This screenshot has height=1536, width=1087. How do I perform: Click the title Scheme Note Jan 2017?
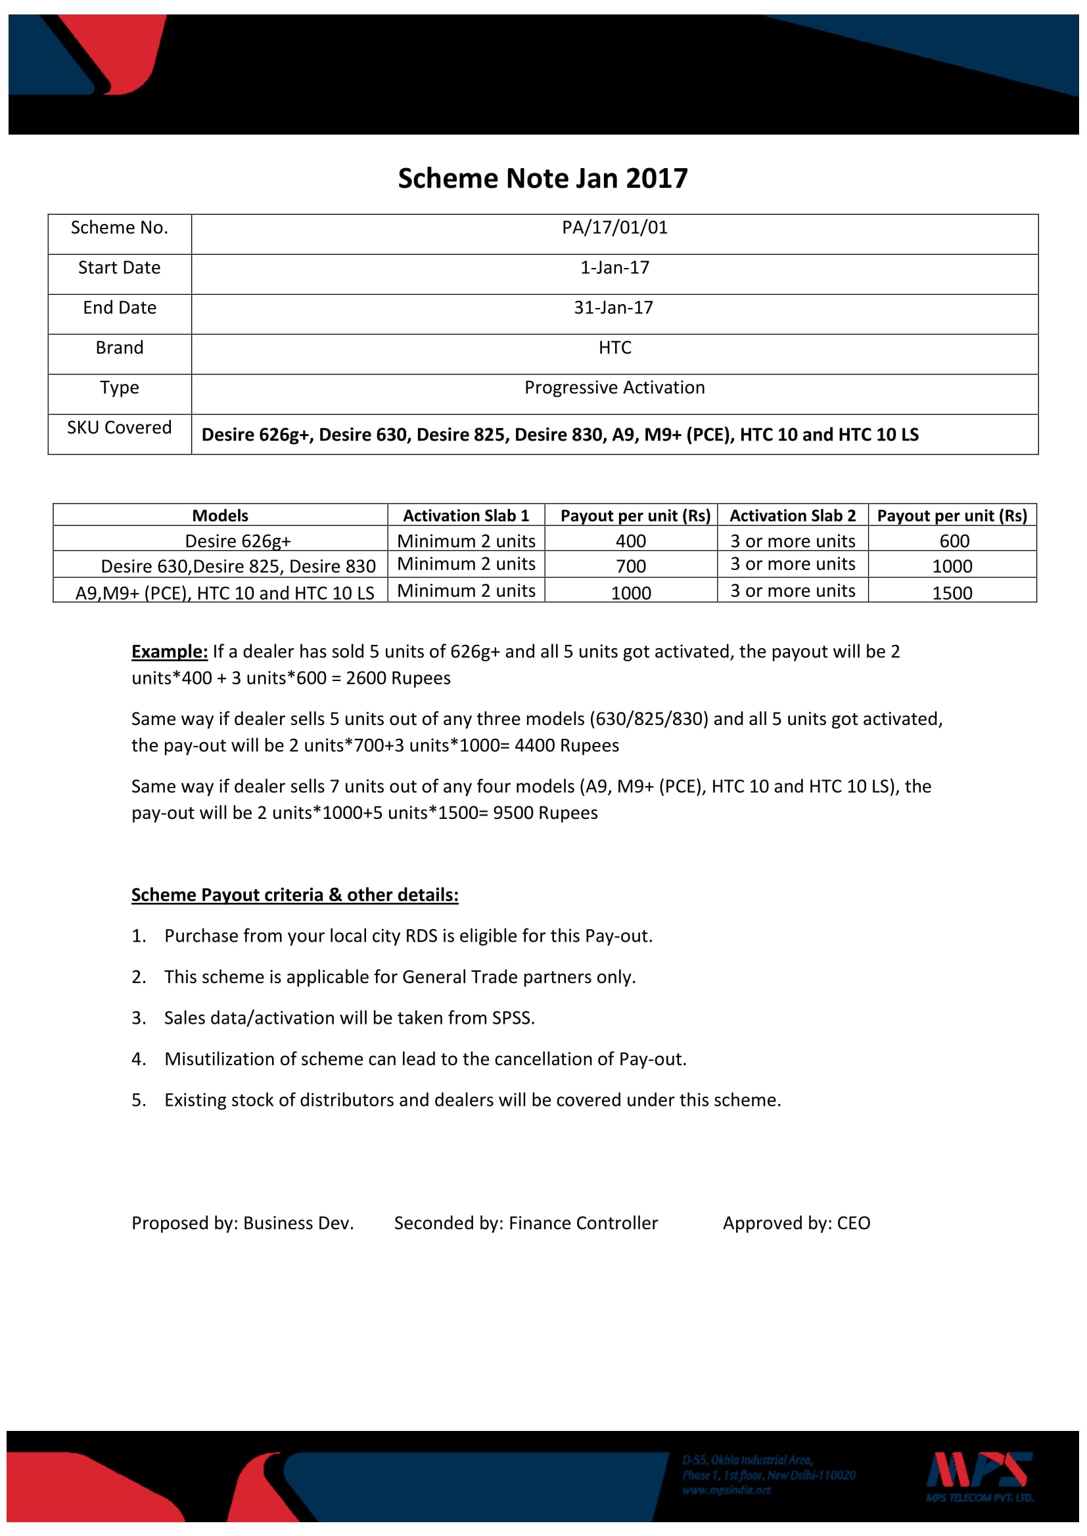(x=542, y=179)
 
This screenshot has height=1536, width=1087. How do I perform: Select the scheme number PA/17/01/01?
(x=614, y=228)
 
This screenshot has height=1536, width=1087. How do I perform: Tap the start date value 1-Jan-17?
(x=614, y=269)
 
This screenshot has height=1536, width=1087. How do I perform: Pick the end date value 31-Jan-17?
(x=613, y=308)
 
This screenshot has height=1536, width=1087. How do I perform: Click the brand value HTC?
(x=614, y=348)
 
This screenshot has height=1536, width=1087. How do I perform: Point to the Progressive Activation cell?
(x=614, y=388)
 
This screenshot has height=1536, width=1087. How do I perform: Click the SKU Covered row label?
(x=119, y=428)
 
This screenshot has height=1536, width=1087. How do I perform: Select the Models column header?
(x=220, y=516)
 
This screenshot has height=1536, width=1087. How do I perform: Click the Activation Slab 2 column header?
(x=793, y=516)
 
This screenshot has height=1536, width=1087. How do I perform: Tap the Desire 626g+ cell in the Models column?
(x=238, y=541)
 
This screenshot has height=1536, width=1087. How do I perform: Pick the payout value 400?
(x=630, y=541)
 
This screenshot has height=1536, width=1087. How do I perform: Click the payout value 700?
(x=630, y=567)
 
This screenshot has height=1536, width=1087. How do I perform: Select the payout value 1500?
(x=952, y=594)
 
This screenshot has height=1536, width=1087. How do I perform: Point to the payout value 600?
(x=954, y=541)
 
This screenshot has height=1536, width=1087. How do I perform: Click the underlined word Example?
(x=170, y=652)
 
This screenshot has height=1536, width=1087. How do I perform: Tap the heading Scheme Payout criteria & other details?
(x=294, y=895)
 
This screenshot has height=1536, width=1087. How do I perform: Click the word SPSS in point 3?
(x=512, y=1019)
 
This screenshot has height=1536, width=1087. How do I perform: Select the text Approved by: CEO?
(x=797, y=1223)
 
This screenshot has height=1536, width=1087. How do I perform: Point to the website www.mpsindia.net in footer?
(x=726, y=1491)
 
